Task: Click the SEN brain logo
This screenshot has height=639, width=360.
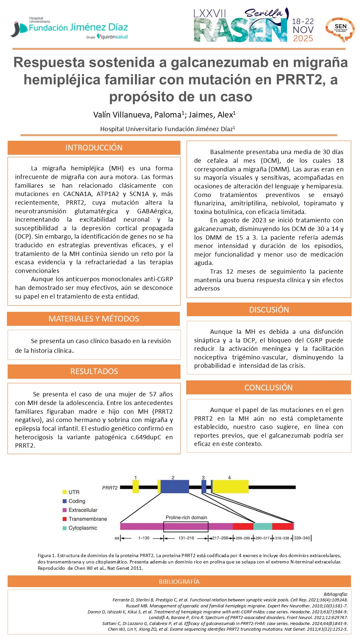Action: tap(340, 29)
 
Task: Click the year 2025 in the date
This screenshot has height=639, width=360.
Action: tap(303, 39)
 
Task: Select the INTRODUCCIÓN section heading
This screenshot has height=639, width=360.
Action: tap(94, 148)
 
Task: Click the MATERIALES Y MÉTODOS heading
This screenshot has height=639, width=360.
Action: tap(94, 319)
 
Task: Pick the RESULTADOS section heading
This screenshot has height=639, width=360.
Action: tap(94, 371)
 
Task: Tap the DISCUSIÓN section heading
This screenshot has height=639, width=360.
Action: tap(269, 310)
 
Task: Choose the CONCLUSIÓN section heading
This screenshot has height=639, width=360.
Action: tap(268, 387)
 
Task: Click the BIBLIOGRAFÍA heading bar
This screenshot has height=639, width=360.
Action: tap(179, 581)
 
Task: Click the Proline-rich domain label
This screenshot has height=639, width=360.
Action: tap(186, 518)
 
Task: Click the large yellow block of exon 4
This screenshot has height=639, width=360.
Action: tap(230, 487)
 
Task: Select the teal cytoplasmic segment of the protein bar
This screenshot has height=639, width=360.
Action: tap(262, 526)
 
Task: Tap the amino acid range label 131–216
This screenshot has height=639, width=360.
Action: tap(186, 538)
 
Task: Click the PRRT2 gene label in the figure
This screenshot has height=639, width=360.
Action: tap(110, 488)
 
